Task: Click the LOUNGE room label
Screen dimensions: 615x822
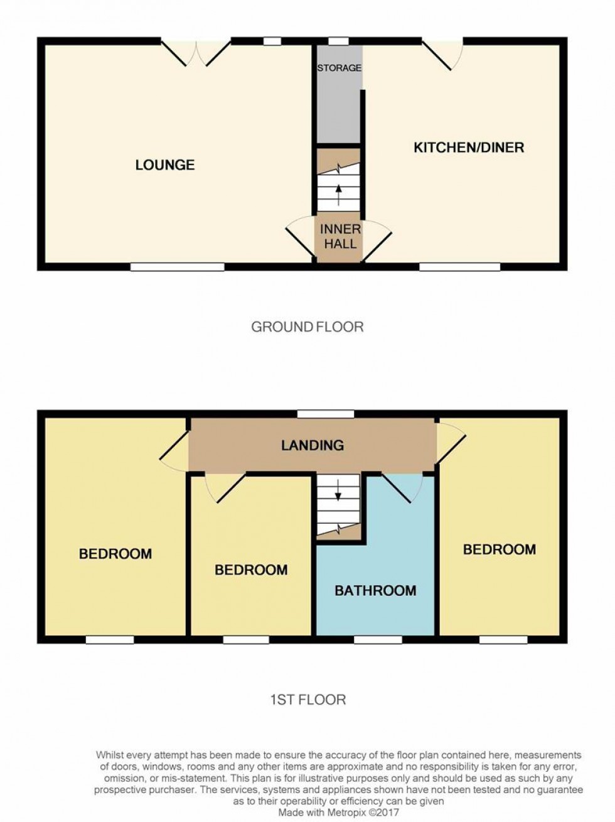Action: [165, 165]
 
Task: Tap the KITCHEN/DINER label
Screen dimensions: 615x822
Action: [469, 148]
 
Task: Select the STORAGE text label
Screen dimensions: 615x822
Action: [340, 68]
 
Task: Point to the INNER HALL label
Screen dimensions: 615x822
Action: [340, 236]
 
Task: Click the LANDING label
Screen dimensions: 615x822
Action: [313, 445]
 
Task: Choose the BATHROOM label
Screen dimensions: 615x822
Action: [375, 590]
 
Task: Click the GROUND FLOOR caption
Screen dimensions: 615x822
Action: [307, 327]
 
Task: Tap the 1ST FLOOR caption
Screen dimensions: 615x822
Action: [308, 700]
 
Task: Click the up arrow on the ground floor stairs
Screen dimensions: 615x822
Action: [338, 195]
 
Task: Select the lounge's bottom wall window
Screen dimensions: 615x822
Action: [178, 267]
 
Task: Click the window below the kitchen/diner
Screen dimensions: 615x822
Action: [460, 267]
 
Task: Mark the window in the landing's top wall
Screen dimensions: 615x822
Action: [326, 414]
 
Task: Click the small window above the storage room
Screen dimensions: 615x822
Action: [338, 41]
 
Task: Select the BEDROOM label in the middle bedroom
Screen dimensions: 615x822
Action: [251, 570]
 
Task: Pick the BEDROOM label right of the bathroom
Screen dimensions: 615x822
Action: [500, 549]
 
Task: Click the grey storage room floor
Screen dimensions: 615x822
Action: [338, 109]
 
